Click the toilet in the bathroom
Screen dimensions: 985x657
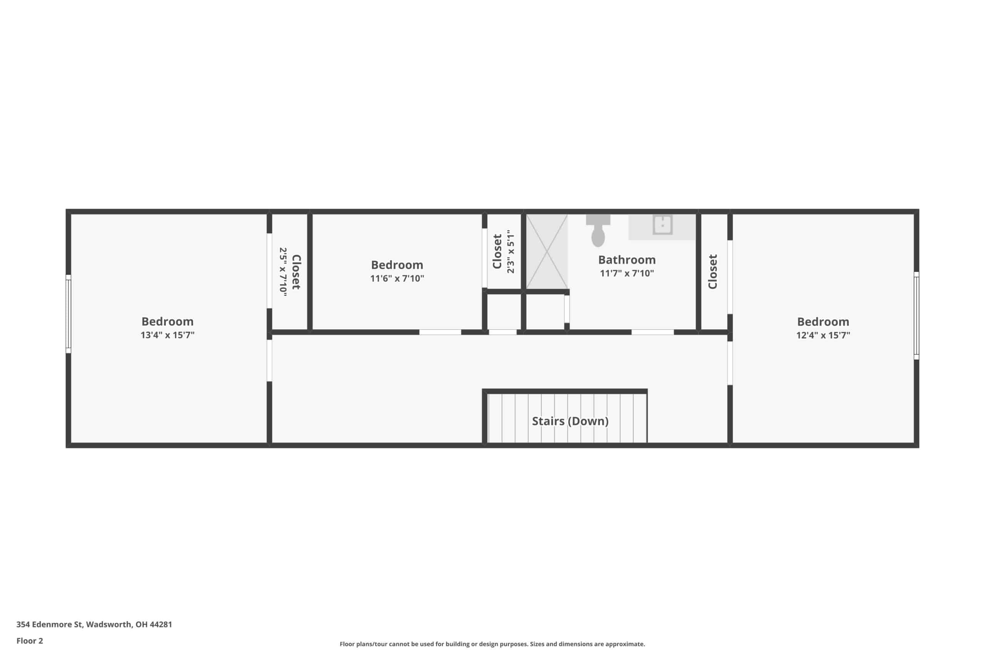point(598,231)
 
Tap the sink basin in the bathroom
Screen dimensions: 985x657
point(663,225)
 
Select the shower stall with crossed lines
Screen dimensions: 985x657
point(547,251)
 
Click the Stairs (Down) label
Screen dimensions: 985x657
point(570,421)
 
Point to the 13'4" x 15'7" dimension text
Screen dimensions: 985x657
point(167,335)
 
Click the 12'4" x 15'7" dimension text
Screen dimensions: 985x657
point(823,335)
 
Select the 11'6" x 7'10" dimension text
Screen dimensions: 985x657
point(397,278)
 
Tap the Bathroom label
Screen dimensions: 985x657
point(627,260)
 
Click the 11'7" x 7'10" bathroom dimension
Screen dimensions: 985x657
point(627,273)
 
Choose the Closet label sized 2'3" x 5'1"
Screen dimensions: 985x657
point(497,251)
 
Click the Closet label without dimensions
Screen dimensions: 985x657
point(712,271)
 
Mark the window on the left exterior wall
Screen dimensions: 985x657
point(68,314)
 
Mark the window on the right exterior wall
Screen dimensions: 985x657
point(916,316)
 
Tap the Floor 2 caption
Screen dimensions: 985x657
point(30,641)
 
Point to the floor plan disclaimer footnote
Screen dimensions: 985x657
point(492,644)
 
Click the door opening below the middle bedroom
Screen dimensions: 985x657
point(440,332)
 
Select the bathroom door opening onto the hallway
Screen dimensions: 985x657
point(653,332)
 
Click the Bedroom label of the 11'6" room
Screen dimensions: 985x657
point(397,265)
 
